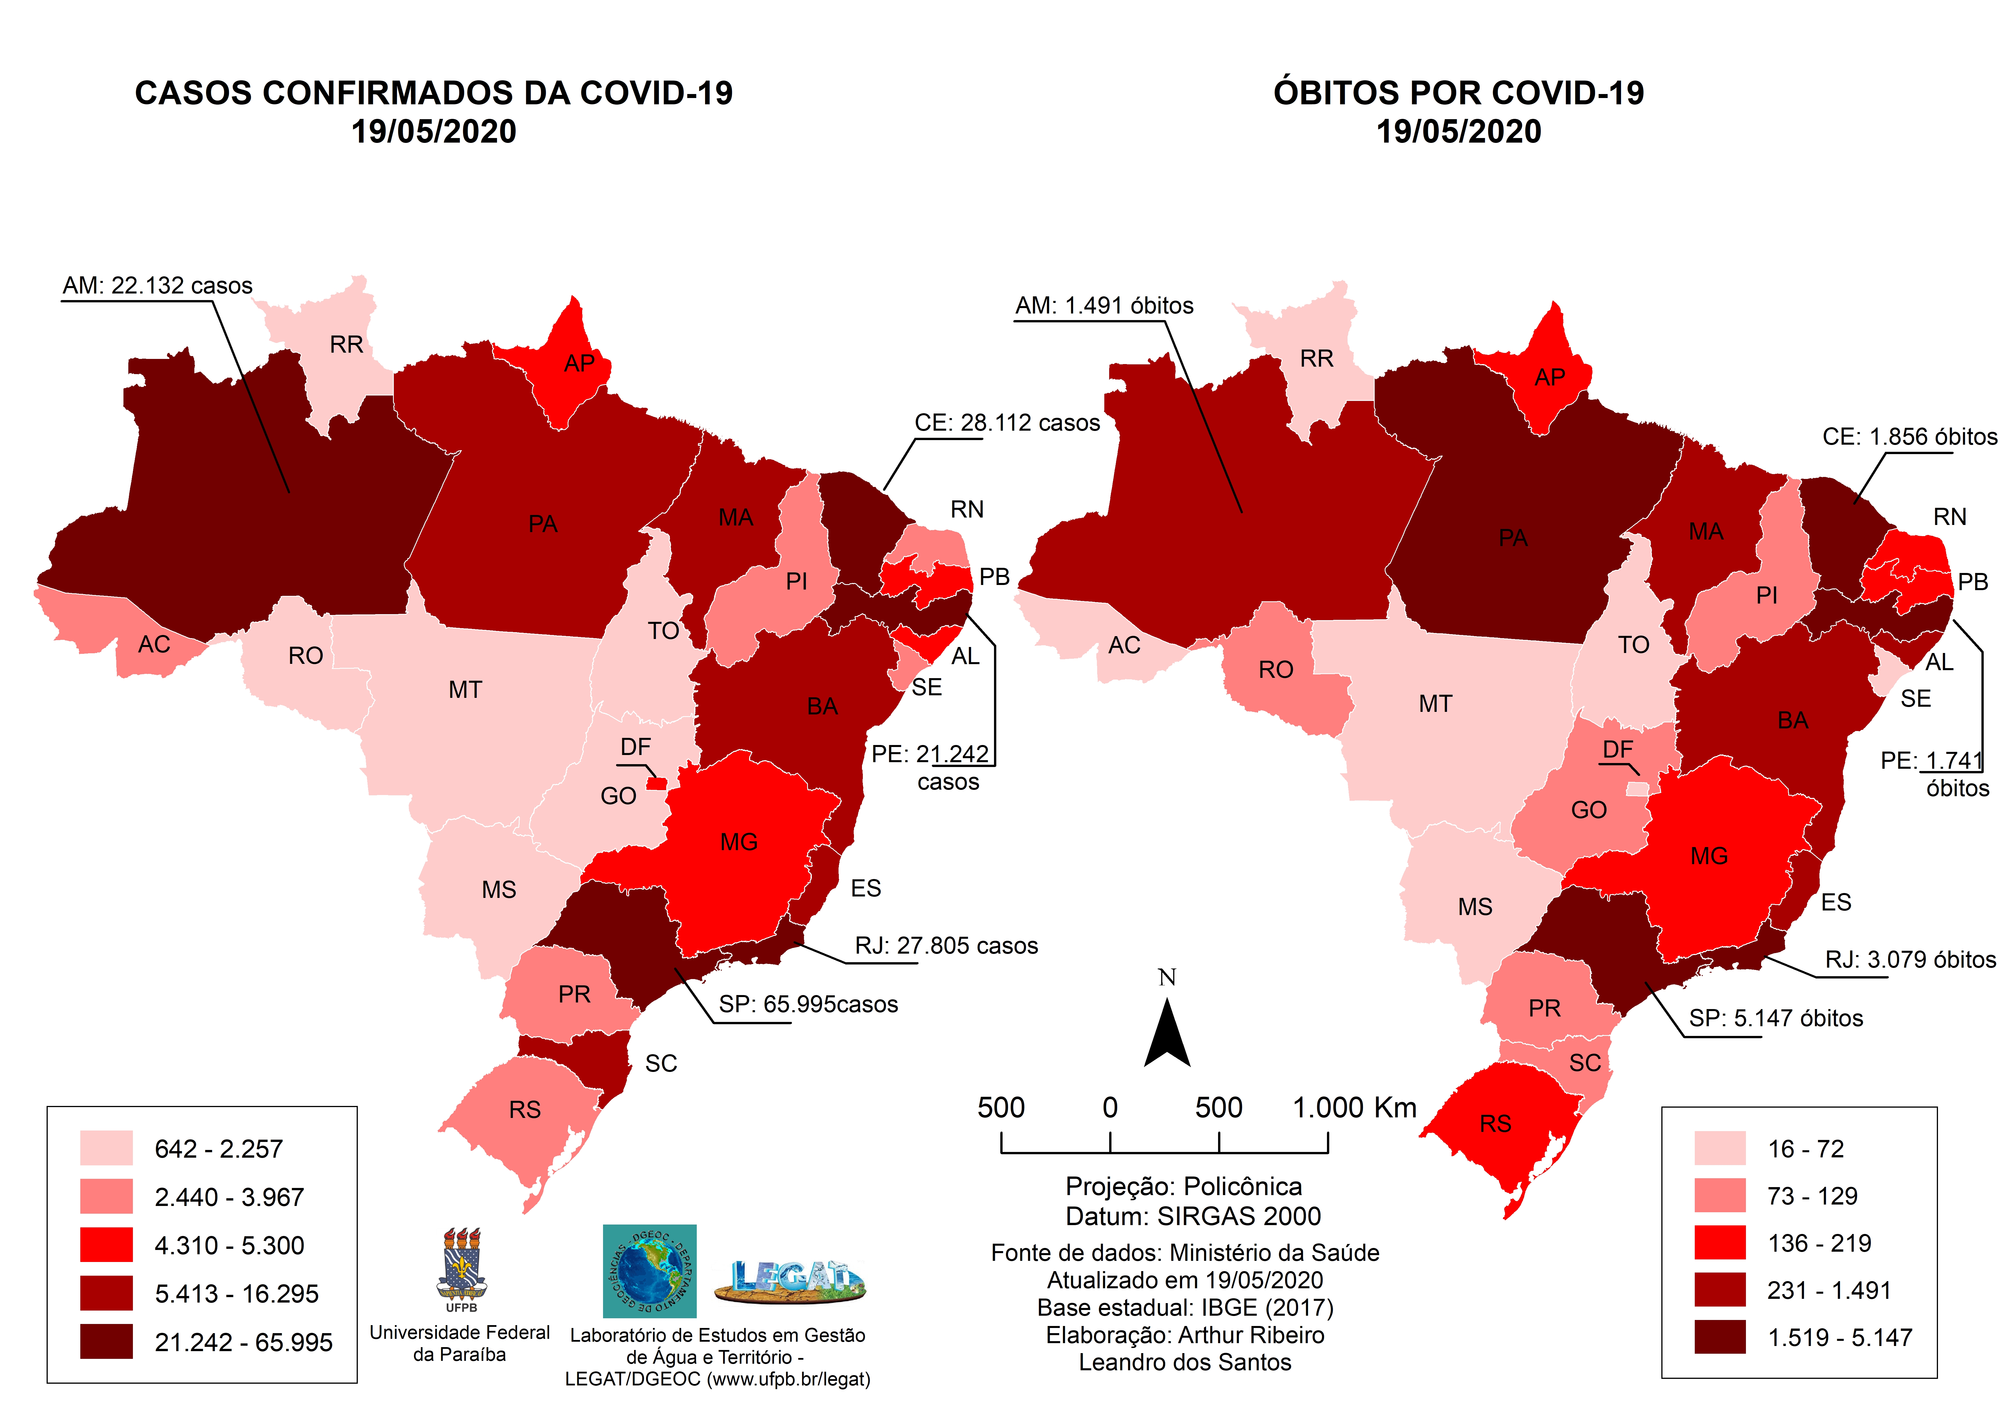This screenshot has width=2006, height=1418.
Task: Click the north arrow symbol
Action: [x=1167, y=1035]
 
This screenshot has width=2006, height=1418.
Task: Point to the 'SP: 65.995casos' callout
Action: [x=808, y=1005]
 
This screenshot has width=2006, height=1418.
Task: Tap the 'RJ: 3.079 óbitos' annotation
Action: [x=1910, y=960]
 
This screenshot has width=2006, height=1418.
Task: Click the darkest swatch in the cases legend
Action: [x=107, y=1341]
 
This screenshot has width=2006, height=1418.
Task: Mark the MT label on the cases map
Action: [x=465, y=690]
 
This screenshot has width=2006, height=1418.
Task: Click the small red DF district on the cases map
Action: [x=656, y=784]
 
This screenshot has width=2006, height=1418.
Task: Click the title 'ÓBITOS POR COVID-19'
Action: [x=1458, y=93]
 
